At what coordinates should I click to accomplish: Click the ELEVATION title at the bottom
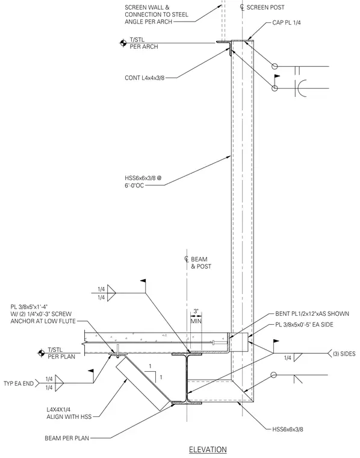pos(208,450)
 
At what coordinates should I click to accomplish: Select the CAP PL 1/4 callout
pos(286,22)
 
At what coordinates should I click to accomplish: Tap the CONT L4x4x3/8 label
pos(144,78)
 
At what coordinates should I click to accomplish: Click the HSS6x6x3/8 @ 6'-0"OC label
pos(143,181)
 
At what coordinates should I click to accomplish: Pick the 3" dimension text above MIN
pos(196,312)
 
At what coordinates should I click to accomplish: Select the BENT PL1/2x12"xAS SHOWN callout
pos(312,314)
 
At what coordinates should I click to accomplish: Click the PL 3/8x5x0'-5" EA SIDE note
pos(304,324)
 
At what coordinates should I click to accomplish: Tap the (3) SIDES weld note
pos(344,354)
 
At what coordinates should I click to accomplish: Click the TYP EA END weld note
pos(19,383)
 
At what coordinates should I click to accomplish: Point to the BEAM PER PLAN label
pos(67,438)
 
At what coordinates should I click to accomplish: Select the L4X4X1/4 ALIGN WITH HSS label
pos(69,413)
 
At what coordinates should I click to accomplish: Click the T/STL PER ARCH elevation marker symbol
pos(123,43)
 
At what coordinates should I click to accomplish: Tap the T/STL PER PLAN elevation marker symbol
pos(41,353)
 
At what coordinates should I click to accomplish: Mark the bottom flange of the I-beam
pos(187,403)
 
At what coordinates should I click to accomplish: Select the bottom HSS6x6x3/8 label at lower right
pos(287,429)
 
